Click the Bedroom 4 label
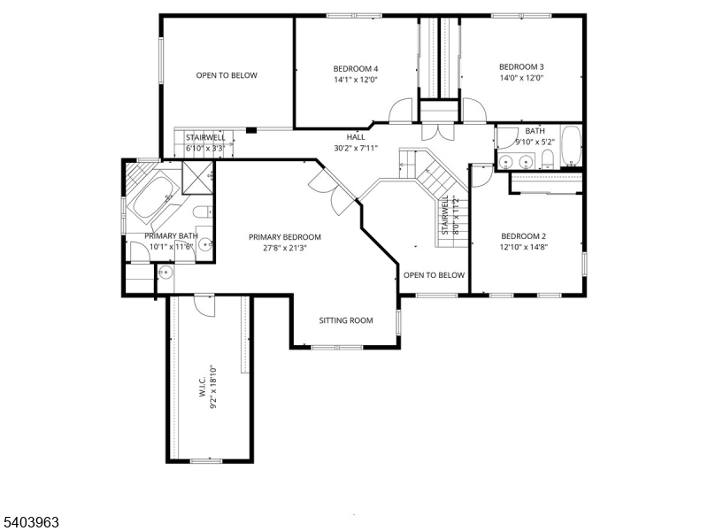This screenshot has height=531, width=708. (x=356, y=69)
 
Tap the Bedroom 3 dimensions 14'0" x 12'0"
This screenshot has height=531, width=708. (x=520, y=78)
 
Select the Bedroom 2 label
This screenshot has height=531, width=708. (x=523, y=236)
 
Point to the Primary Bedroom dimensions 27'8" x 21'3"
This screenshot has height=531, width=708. (x=284, y=249)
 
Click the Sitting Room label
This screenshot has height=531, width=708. (x=346, y=320)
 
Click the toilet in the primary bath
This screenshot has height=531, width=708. (x=202, y=212)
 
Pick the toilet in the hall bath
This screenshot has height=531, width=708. (x=547, y=159)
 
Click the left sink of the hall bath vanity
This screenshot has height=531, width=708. (x=508, y=161)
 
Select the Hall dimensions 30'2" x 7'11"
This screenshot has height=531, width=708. (x=356, y=148)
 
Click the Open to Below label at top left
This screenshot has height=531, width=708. (x=227, y=75)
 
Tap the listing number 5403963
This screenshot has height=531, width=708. (x=31, y=522)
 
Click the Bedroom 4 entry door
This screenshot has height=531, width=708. (x=402, y=109)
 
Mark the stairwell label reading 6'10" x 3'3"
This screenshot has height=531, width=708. (x=204, y=149)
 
